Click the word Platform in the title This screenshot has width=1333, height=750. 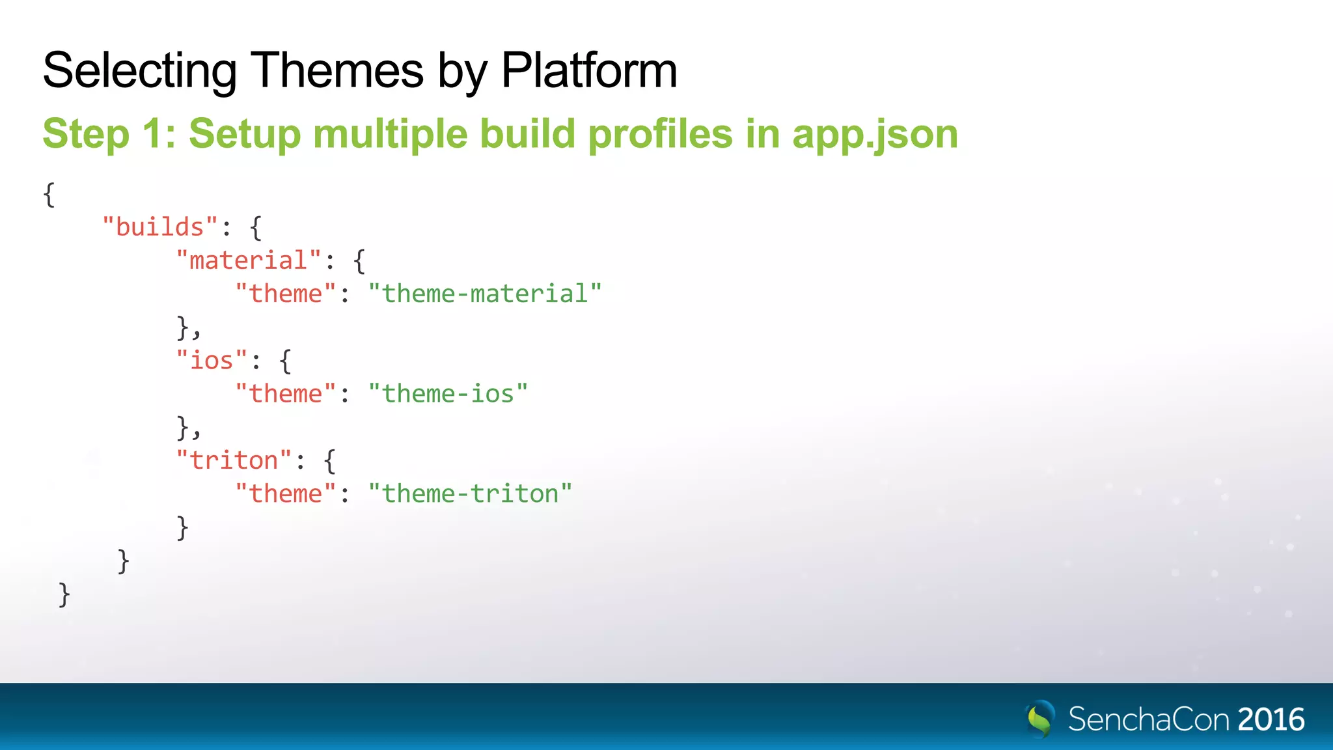[x=589, y=70]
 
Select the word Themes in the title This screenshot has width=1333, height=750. [x=337, y=70]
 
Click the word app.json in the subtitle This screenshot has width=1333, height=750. [x=875, y=133]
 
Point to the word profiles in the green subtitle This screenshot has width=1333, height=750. [x=660, y=133]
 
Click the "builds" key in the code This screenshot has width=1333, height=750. [x=160, y=227]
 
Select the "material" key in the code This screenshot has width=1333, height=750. [x=249, y=260]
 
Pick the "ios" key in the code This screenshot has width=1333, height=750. [x=212, y=360]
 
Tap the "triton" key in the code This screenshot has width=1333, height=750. [x=234, y=460]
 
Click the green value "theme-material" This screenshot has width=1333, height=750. [x=485, y=294]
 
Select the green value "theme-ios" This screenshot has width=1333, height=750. [x=448, y=394]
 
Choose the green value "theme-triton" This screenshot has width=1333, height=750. [x=470, y=493]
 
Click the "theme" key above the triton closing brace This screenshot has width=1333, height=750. [x=286, y=493]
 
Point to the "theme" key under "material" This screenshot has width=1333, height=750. [x=286, y=294]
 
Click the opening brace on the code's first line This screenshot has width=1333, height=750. [x=49, y=194]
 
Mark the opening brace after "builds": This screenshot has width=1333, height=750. [x=256, y=227]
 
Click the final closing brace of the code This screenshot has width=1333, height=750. [x=64, y=594]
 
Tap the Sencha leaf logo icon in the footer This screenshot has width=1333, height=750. [x=1040, y=719]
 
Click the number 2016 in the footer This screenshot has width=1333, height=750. [x=1271, y=719]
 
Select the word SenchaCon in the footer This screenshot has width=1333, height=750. [x=1149, y=719]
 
